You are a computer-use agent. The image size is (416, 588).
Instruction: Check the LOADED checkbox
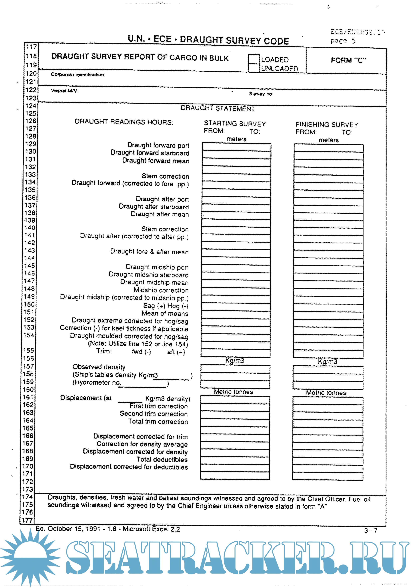[x=254, y=59]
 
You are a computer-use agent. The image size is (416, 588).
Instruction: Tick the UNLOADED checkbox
[x=254, y=68]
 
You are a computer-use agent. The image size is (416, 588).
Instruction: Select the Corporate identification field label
[x=78, y=75]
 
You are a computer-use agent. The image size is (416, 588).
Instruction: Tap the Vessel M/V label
[x=64, y=91]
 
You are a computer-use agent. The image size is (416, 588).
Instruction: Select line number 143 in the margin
[x=30, y=250]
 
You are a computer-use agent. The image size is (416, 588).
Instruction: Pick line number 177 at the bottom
[x=27, y=520]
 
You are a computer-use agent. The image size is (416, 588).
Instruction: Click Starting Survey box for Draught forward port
[x=236, y=147]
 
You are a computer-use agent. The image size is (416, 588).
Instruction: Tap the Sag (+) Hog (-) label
[x=165, y=306]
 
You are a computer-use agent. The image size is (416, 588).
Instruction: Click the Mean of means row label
[x=165, y=313]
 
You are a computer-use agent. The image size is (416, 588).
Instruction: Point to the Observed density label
[x=99, y=367]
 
